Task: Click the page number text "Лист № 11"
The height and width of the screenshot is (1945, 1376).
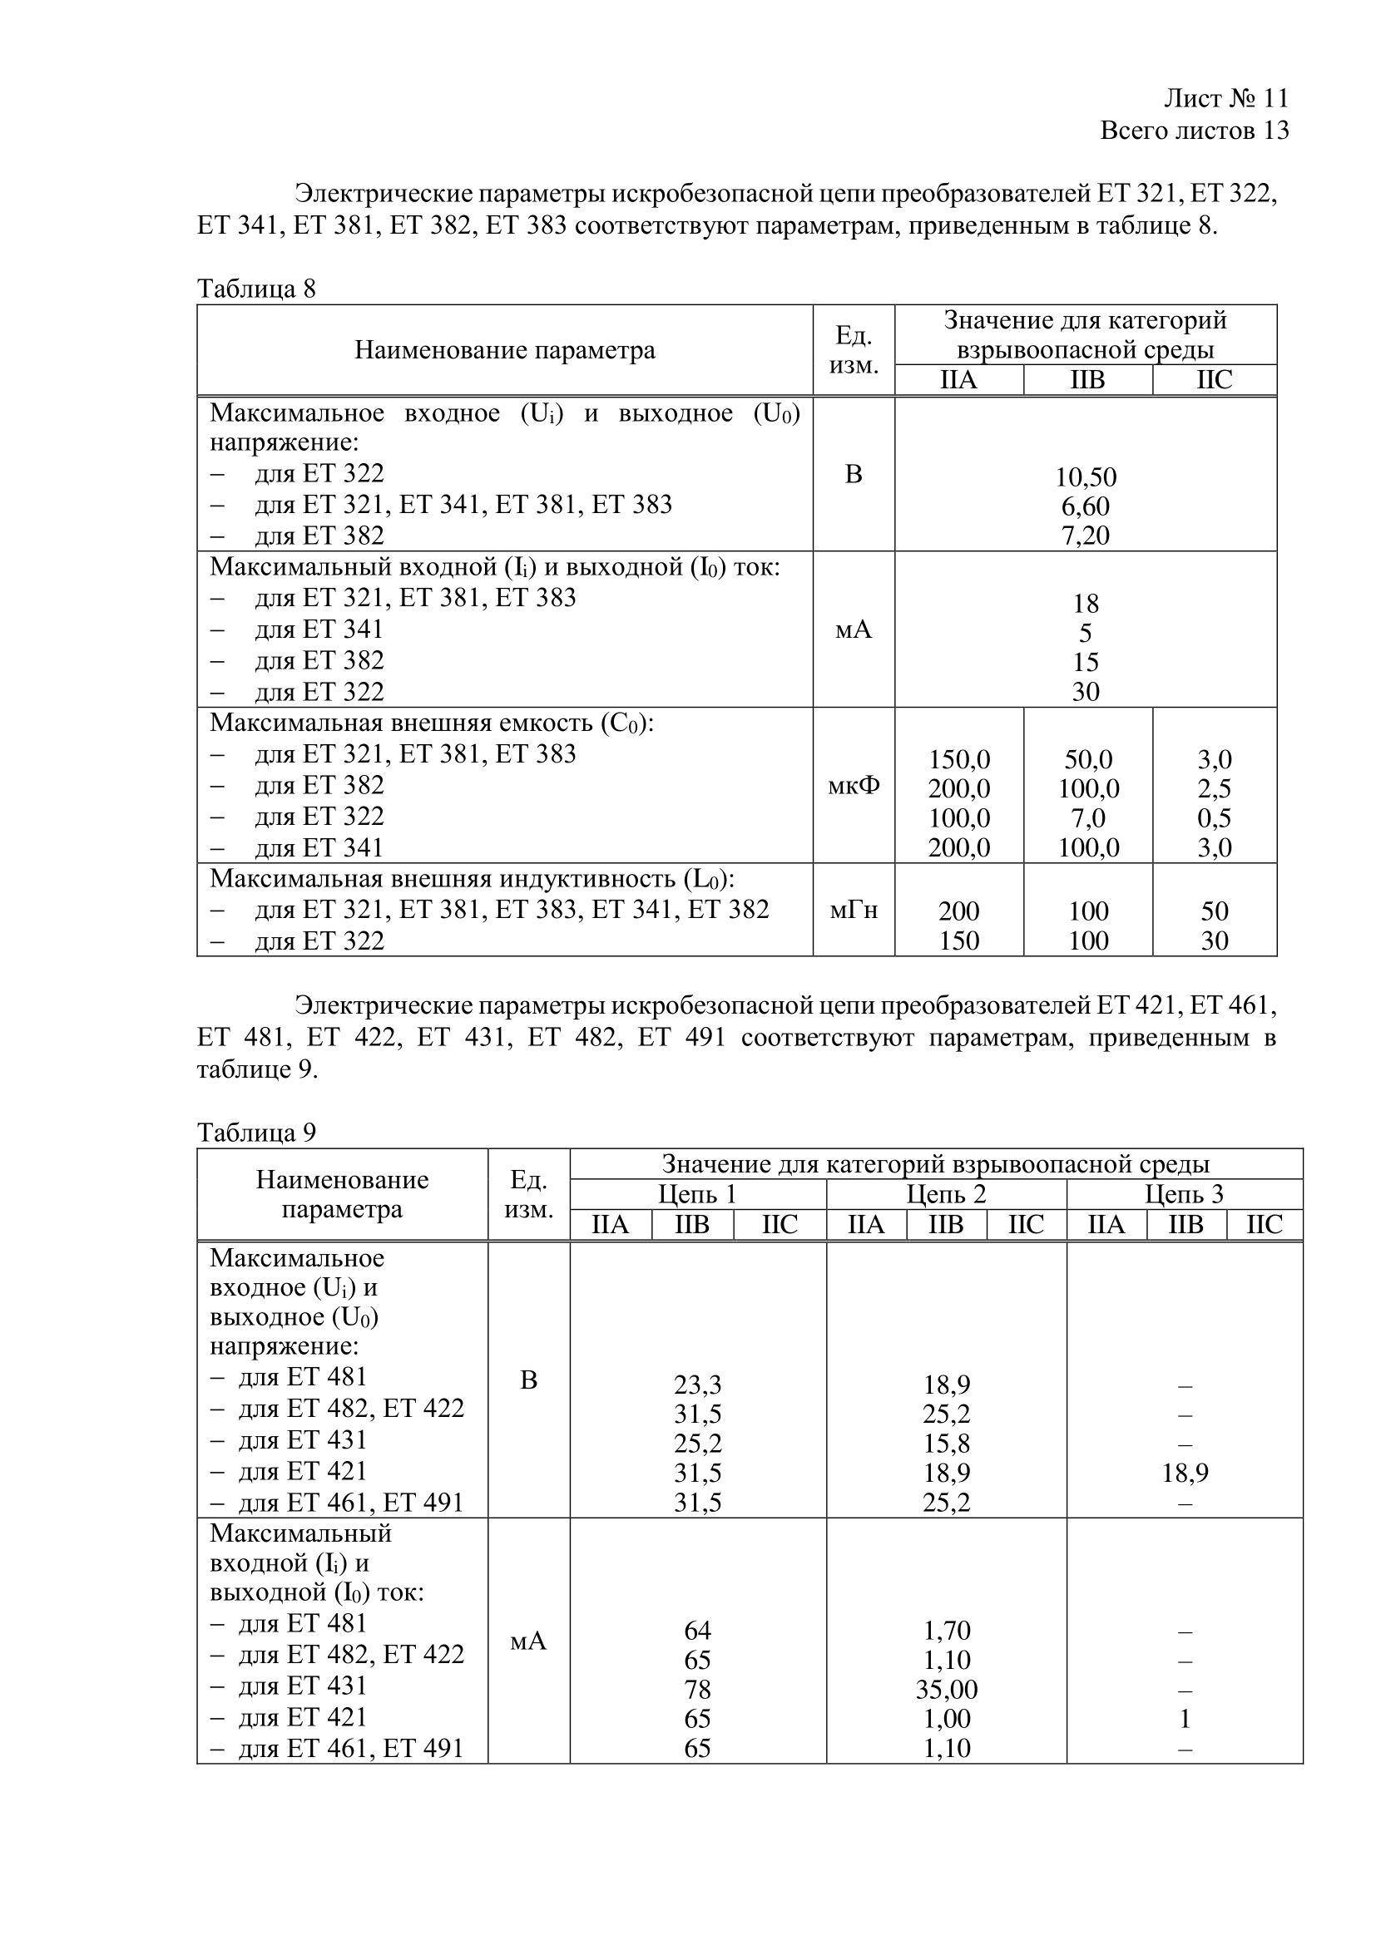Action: pyautogui.click(x=1226, y=98)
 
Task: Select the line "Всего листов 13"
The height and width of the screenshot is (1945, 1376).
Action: pyautogui.click(x=1194, y=131)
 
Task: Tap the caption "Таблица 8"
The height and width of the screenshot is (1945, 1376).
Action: pyautogui.click(x=256, y=289)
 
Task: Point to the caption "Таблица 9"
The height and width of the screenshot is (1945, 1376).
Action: pyautogui.click(x=256, y=1133)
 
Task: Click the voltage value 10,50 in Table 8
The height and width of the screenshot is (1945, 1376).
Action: pyautogui.click(x=1086, y=477)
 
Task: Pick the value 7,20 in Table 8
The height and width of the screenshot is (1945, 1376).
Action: pyautogui.click(x=1086, y=536)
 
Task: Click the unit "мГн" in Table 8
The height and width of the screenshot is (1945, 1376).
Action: pyautogui.click(x=854, y=910)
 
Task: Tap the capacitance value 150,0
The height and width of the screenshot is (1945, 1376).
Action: pyautogui.click(x=958, y=759)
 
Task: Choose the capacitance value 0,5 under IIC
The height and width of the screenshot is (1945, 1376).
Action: pyautogui.click(x=1214, y=817)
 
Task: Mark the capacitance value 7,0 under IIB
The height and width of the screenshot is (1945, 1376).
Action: pyautogui.click(x=1088, y=817)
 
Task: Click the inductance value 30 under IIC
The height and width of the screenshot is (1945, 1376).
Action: pyautogui.click(x=1214, y=940)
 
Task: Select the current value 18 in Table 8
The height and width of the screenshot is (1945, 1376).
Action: pyautogui.click(x=1086, y=603)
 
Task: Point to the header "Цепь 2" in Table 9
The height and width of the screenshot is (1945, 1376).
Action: pyautogui.click(x=946, y=1194)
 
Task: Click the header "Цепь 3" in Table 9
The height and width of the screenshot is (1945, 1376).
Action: pyautogui.click(x=1184, y=1194)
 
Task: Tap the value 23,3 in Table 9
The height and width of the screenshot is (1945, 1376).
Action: pyautogui.click(x=697, y=1385)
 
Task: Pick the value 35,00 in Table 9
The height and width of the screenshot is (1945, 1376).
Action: pyautogui.click(x=947, y=1690)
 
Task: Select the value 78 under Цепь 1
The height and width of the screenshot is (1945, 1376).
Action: pyautogui.click(x=697, y=1690)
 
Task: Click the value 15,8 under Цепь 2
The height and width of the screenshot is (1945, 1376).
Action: pyautogui.click(x=947, y=1444)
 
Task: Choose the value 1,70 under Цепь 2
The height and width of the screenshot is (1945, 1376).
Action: pyautogui.click(x=947, y=1631)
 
